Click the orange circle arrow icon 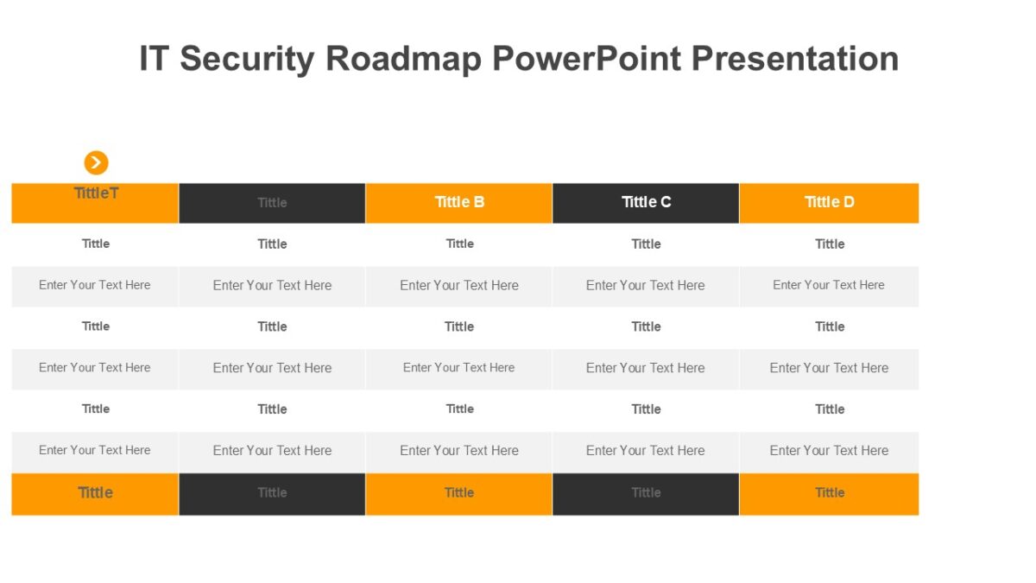pyautogui.click(x=96, y=162)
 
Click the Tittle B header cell pyautogui.click(x=458, y=202)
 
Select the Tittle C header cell pyautogui.click(x=646, y=202)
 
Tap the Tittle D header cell pyautogui.click(x=829, y=202)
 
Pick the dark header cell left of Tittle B pyautogui.click(x=272, y=203)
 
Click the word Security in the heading pyautogui.click(x=247, y=59)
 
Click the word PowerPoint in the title pyautogui.click(x=586, y=59)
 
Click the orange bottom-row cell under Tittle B pyautogui.click(x=458, y=493)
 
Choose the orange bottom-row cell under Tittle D pyautogui.click(x=829, y=493)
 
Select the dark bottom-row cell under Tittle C pyautogui.click(x=646, y=493)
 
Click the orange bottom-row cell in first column pyautogui.click(x=95, y=493)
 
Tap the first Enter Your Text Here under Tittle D pyautogui.click(x=829, y=285)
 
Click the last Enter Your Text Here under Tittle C pyautogui.click(x=646, y=450)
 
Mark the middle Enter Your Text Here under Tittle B pyautogui.click(x=458, y=368)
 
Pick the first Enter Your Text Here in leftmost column pyautogui.click(x=95, y=285)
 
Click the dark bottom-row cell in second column pyautogui.click(x=272, y=493)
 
